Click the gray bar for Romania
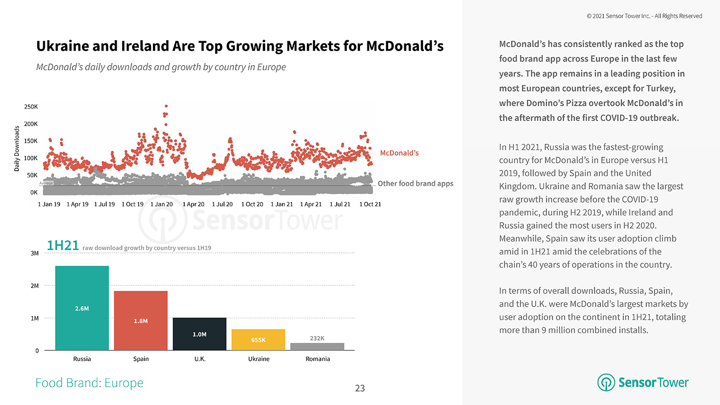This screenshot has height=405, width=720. [x=317, y=346]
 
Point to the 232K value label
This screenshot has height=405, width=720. [x=317, y=338]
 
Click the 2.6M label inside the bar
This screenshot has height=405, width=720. [x=82, y=308]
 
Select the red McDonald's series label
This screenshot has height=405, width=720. [x=399, y=153]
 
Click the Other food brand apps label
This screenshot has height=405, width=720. [x=415, y=184]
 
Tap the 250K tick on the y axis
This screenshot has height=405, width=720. [x=31, y=107]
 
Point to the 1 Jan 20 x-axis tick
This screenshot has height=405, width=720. [x=161, y=204]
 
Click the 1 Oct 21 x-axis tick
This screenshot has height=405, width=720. [x=370, y=204]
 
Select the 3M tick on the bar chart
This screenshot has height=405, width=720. [x=35, y=253]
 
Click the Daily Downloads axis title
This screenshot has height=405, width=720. [x=17, y=149]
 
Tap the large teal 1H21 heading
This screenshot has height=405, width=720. [x=63, y=246]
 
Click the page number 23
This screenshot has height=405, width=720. [x=360, y=388]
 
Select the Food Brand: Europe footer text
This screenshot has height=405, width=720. [x=89, y=383]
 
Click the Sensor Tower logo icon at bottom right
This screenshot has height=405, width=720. [x=606, y=383]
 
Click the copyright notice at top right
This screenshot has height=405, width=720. [x=644, y=16]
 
